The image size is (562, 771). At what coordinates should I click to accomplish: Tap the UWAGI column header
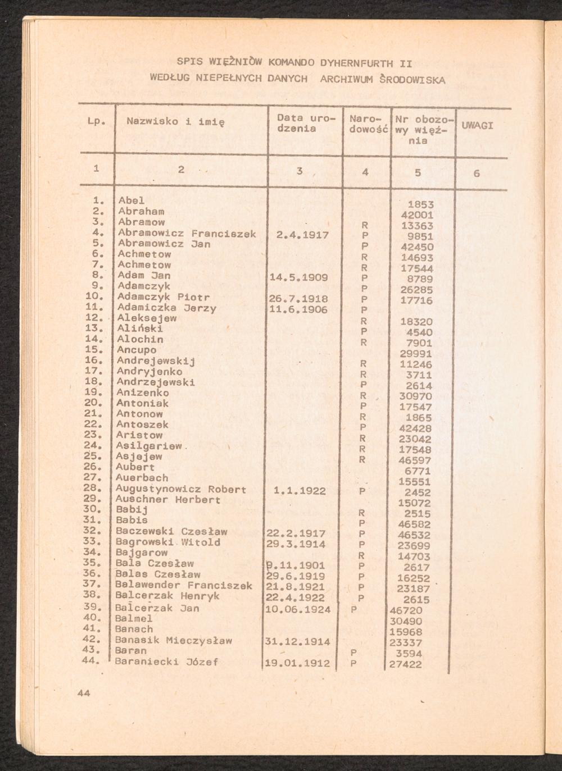(x=477, y=126)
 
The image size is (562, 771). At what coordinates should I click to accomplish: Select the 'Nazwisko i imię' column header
(x=175, y=121)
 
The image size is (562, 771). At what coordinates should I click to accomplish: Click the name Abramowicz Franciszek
(x=187, y=234)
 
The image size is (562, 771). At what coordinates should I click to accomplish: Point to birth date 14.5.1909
(x=299, y=277)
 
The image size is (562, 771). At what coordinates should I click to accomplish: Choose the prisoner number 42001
(x=416, y=215)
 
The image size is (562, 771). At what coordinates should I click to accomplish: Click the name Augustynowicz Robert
(x=181, y=489)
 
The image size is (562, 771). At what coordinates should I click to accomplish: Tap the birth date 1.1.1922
(x=299, y=491)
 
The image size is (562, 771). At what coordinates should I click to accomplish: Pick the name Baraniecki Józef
(x=167, y=662)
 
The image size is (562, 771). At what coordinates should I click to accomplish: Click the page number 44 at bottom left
(x=84, y=693)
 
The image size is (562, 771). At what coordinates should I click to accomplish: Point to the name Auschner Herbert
(x=168, y=500)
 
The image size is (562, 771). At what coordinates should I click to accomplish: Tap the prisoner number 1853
(x=420, y=205)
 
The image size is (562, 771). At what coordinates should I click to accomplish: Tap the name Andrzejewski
(x=156, y=382)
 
